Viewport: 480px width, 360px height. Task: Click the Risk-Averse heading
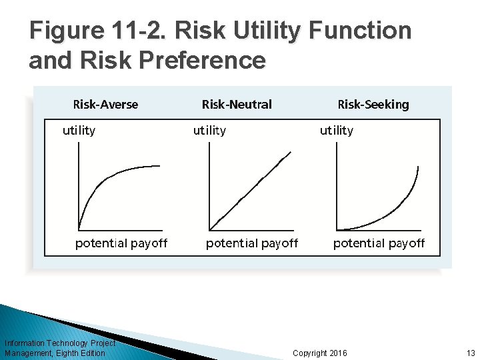click(105, 104)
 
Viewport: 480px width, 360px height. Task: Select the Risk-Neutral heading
click(237, 104)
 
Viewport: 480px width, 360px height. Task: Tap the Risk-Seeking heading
click(373, 104)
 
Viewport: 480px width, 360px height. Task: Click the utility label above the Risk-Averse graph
click(79, 131)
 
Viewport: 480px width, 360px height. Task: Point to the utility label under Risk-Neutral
click(209, 131)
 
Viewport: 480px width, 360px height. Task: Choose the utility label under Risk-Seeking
click(337, 131)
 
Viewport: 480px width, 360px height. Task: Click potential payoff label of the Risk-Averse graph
click(121, 243)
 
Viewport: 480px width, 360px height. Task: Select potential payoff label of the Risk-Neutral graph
click(252, 243)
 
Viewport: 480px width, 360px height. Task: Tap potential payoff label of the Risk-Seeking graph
click(379, 243)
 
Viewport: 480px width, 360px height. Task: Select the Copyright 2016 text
click(320, 353)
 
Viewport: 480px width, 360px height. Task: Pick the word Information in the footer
click(25, 343)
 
